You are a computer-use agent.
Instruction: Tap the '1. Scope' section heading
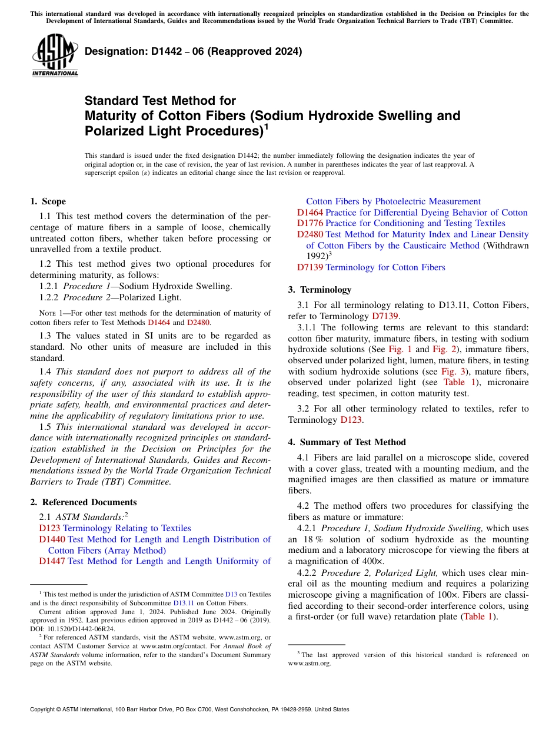(48, 201)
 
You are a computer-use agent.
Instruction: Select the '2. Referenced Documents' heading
(84, 502)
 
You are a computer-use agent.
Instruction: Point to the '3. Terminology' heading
(320, 289)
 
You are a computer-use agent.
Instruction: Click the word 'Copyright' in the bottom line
(45, 710)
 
